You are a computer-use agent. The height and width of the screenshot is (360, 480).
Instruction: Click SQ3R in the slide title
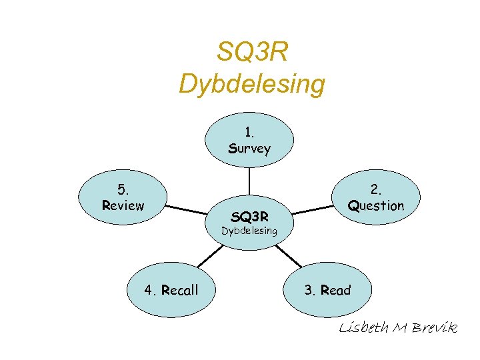(x=252, y=52)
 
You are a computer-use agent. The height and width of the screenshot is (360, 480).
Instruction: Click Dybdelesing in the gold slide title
(x=252, y=84)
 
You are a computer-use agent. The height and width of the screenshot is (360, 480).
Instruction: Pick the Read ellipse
(x=327, y=289)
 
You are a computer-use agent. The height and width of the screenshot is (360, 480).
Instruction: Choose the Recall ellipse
(x=171, y=289)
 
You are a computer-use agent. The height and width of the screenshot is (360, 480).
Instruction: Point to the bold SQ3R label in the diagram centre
(x=249, y=217)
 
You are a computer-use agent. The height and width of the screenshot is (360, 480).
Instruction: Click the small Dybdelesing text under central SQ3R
(x=249, y=231)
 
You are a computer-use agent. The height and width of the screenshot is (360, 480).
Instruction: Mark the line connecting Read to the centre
(x=289, y=255)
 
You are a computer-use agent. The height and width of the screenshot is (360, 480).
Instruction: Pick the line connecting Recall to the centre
(x=209, y=255)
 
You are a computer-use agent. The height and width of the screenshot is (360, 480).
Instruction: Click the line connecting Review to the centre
(x=187, y=209)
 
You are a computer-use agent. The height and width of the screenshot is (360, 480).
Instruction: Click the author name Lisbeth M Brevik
(x=398, y=327)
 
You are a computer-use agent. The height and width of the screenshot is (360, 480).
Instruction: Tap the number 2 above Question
(x=376, y=190)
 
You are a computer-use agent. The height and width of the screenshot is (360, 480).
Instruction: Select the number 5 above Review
(x=122, y=190)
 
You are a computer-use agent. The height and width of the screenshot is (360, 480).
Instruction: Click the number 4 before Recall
(x=149, y=290)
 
